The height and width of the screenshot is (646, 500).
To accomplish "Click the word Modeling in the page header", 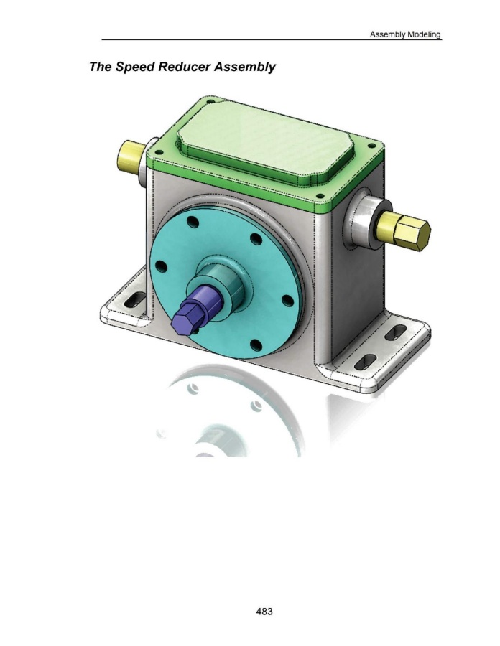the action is pyautogui.click(x=424, y=34).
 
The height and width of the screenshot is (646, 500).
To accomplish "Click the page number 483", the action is pyautogui.click(x=264, y=612).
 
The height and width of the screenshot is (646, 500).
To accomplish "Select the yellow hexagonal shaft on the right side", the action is pyautogui.click(x=404, y=230).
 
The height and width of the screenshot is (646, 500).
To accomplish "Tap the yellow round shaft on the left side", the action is pyautogui.click(x=131, y=154).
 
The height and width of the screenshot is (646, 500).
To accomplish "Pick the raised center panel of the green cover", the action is pyautogui.click(x=266, y=141).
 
